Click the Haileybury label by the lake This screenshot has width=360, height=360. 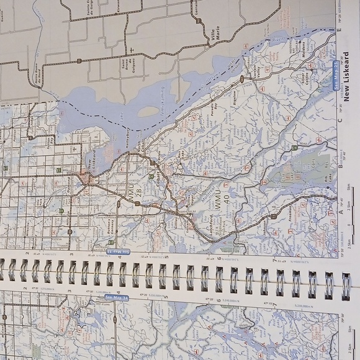click(x=128, y=136)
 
